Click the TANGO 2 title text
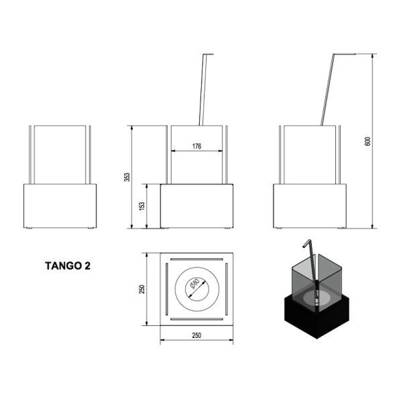point(68,266)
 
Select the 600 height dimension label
point(367,141)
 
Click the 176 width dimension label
point(197,146)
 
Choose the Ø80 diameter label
point(194,284)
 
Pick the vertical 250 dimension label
point(142,289)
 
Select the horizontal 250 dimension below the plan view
point(197,336)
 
